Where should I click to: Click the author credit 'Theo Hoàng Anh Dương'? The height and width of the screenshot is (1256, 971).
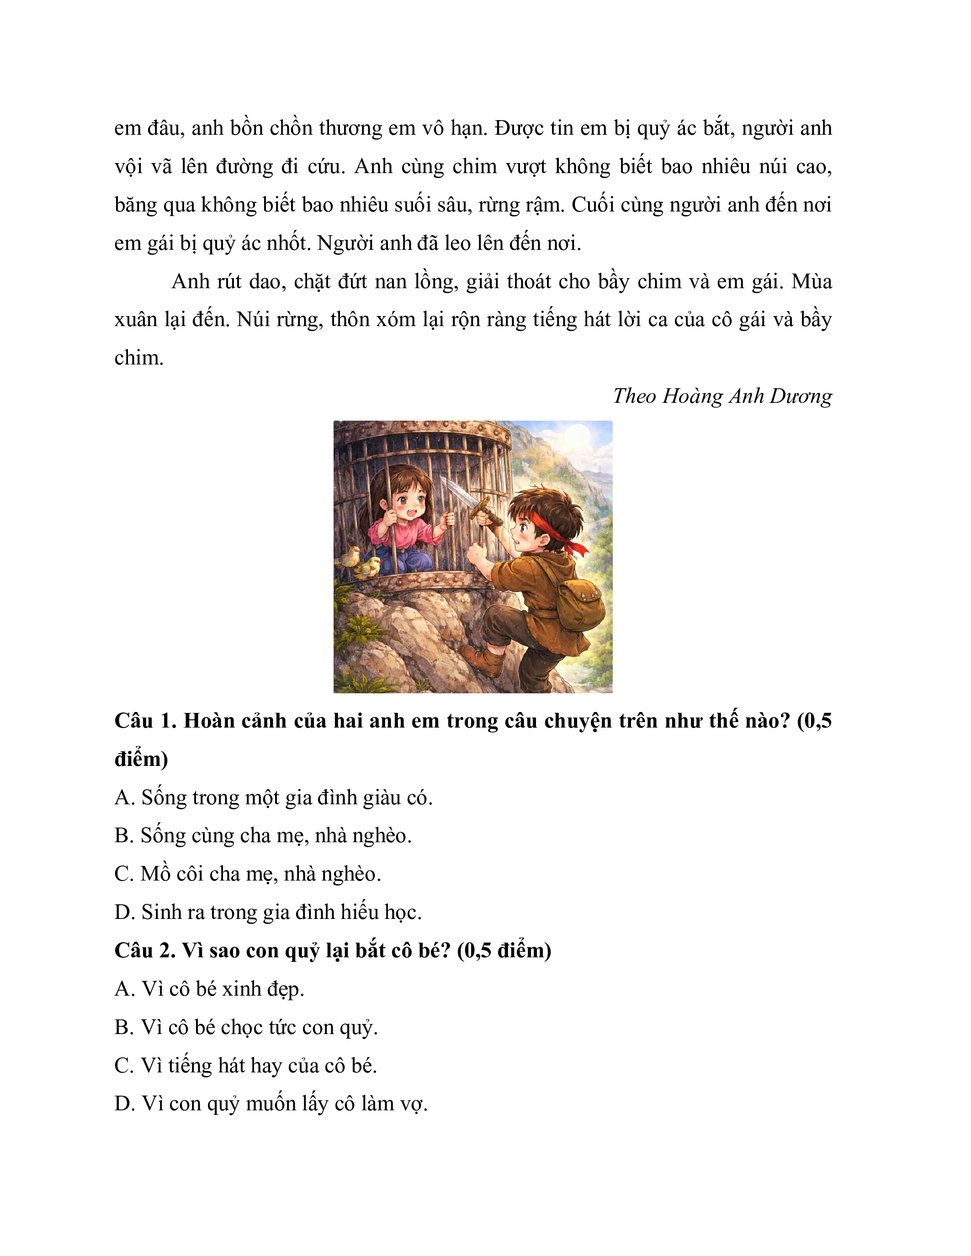pyautogui.click(x=722, y=396)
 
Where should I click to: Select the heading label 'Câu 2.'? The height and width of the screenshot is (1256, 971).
pyautogui.click(x=144, y=950)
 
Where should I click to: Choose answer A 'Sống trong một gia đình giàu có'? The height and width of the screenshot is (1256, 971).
pyautogui.click(x=273, y=797)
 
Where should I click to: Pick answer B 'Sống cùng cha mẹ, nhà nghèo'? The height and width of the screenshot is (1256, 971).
pyautogui.click(x=263, y=836)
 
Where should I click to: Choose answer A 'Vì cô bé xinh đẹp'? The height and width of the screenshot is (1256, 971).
pyautogui.click(x=209, y=989)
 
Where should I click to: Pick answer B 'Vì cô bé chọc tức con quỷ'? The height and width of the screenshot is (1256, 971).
pyautogui.click(x=246, y=1027)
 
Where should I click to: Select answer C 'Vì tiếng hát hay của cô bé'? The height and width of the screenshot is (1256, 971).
pyautogui.click(x=246, y=1066)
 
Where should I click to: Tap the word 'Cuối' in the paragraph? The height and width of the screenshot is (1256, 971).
pyautogui.click(x=590, y=205)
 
